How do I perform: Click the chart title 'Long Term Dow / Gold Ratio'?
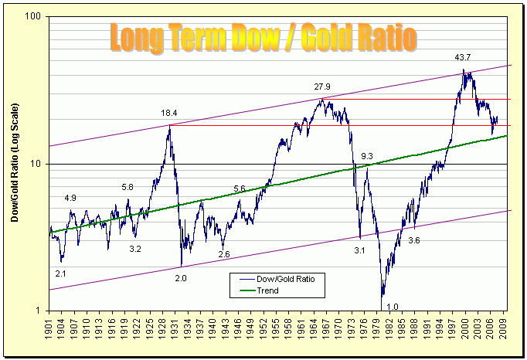(x=263, y=37)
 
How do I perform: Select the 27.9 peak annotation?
(x=322, y=87)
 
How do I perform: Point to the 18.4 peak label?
(x=169, y=114)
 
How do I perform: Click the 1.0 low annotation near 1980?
(x=392, y=307)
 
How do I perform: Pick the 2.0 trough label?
(x=181, y=277)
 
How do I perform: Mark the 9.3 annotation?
(x=366, y=157)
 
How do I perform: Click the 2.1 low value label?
(x=61, y=273)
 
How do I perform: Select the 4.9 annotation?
(x=70, y=199)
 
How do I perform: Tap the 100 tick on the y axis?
(x=36, y=18)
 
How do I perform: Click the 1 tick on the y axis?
(x=40, y=311)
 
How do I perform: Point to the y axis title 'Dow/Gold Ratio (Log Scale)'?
(x=14, y=165)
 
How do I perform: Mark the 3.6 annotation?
(x=414, y=241)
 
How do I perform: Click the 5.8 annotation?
(x=128, y=188)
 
